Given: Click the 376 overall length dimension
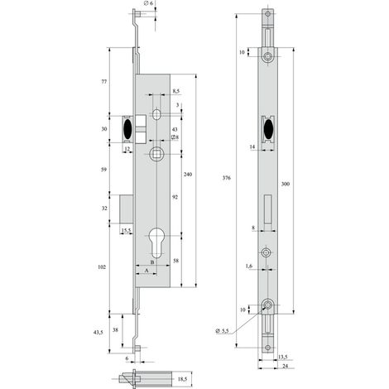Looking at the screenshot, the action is [227, 178].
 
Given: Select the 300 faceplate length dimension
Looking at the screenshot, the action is [286, 184].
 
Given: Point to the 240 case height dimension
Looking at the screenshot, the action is [188, 175].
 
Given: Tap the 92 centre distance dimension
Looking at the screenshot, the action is [175, 197].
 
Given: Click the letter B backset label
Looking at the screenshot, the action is [152, 262].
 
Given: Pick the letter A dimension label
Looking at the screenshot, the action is [146, 271].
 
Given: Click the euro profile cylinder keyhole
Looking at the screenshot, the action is [156, 242].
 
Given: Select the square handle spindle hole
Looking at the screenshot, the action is [156, 154].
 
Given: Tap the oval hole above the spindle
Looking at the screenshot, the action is [156, 114].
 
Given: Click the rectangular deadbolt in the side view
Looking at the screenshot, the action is [127, 209].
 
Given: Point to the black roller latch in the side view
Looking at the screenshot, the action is [127, 129].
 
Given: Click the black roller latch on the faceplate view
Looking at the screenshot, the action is [268, 129].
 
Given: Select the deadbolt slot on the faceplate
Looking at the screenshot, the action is [267, 209].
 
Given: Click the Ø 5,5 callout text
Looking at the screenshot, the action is [222, 331].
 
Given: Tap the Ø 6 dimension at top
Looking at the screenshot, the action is [148, 3].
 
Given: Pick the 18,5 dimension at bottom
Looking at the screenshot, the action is [182, 379].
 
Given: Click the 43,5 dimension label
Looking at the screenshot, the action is [98, 333].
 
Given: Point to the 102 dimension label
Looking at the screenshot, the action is [102, 267].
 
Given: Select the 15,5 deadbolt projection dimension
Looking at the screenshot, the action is [126, 230].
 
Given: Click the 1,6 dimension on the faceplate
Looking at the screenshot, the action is [248, 266].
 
